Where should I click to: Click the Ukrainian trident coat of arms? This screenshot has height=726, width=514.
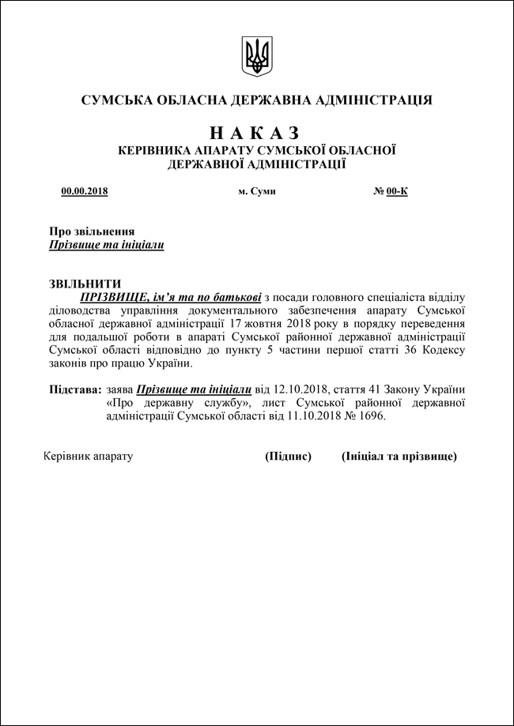(x=257, y=56)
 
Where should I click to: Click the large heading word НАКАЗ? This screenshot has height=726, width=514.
(x=257, y=132)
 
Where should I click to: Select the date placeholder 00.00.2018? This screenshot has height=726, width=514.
(x=85, y=191)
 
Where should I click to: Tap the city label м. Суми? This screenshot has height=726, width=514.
(x=257, y=191)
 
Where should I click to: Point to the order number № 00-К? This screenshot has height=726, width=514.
(x=391, y=191)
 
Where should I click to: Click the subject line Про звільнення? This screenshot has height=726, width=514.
(x=92, y=231)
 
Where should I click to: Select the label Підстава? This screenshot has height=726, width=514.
(x=75, y=389)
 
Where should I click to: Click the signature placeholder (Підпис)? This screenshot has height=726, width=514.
(x=288, y=457)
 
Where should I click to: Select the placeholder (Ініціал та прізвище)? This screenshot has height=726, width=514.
(x=399, y=457)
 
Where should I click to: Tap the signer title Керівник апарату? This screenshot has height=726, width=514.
(x=88, y=457)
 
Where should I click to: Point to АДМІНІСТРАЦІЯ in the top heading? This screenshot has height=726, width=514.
(x=374, y=100)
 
